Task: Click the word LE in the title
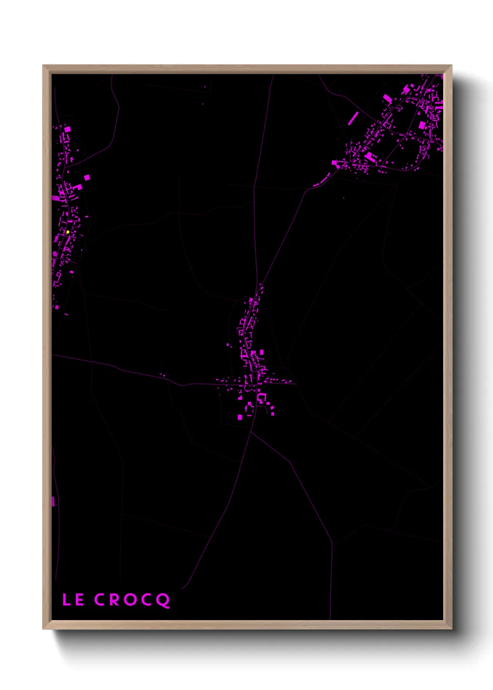[73, 600]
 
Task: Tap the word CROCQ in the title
[132, 600]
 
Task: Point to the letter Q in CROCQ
[163, 600]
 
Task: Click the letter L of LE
[66, 600]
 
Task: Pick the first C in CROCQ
[100, 600]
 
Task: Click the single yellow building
[68, 232]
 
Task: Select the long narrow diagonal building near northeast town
[353, 118]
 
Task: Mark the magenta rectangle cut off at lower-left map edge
[53, 502]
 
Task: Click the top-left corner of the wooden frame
[44, 66]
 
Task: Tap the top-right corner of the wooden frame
[451, 66]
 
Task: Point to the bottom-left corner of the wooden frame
[44, 628]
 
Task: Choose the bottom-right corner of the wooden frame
[451, 628]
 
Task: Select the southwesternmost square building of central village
[240, 417]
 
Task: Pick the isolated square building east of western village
[87, 177]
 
